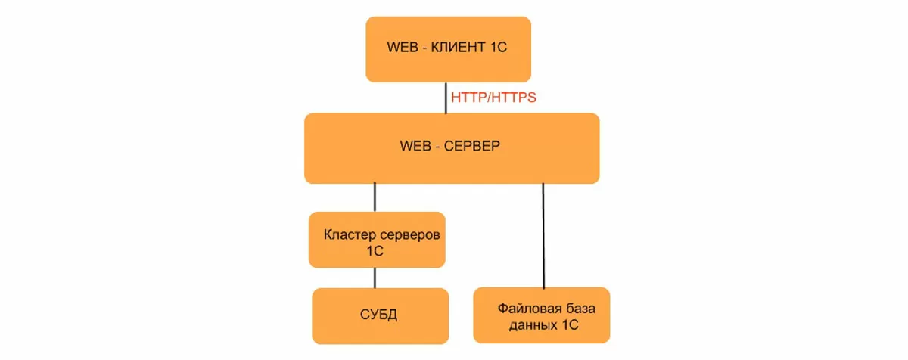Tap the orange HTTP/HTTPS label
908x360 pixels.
(493, 98)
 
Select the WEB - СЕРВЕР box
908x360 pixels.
(452, 148)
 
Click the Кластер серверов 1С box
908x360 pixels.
(377, 239)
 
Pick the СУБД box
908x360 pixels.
(377, 315)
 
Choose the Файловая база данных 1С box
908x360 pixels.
(541, 315)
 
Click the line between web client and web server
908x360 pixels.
(446, 98)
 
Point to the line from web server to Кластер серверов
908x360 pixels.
(375, 197)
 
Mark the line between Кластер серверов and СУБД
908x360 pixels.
(375, 278)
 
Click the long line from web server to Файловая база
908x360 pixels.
(543, 234)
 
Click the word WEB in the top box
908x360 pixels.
(403, 48)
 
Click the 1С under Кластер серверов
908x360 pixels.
(375, 251)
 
